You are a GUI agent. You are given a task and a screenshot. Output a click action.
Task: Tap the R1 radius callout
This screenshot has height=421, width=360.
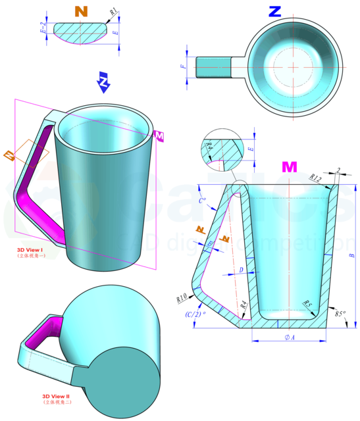(113, 11)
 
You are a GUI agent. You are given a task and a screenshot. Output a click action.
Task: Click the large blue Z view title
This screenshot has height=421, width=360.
(276, 11)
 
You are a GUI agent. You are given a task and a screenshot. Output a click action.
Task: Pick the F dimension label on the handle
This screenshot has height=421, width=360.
(184, 66)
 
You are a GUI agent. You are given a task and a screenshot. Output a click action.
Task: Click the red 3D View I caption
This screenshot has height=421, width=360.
(30, 251)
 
